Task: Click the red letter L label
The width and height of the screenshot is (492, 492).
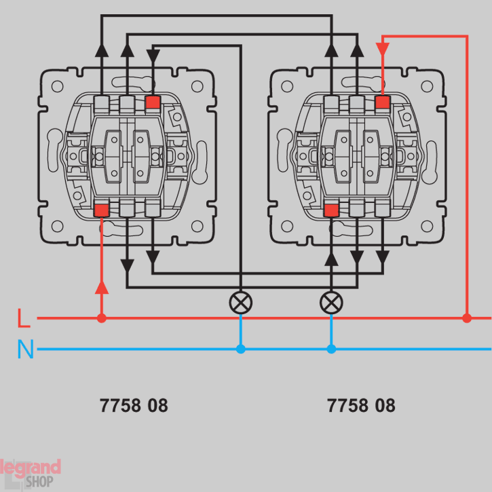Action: tap(24, 318)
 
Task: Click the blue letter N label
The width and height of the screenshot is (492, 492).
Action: tap(25, 349)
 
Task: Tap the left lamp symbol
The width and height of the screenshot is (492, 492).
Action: tap(240, 302)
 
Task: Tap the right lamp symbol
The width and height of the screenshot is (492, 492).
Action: tap(331, 302)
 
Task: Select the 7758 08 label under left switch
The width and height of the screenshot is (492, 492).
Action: tap(134, 406)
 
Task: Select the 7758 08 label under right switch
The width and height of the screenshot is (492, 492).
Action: tap(361, 406)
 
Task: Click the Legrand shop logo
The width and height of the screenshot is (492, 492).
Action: tap(30, 472)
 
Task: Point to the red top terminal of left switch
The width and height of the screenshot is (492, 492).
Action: tap(153, 103)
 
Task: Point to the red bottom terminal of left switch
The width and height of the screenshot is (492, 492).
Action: tap(102, 209)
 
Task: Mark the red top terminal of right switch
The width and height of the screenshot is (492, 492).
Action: tap(383, 102)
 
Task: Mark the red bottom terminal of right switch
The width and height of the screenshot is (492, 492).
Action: tap(331, 209)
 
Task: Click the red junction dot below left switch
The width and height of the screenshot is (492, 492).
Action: tap(102, 318)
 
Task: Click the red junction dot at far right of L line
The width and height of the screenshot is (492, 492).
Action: tap(467, 318)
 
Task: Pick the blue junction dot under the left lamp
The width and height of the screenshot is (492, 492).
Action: tap(240, 349)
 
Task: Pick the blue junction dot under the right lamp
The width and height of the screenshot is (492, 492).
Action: tap(331, 349)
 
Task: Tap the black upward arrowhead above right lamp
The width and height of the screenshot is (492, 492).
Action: tap(331, 258)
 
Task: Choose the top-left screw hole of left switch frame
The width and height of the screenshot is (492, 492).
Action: tap(58, 87)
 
